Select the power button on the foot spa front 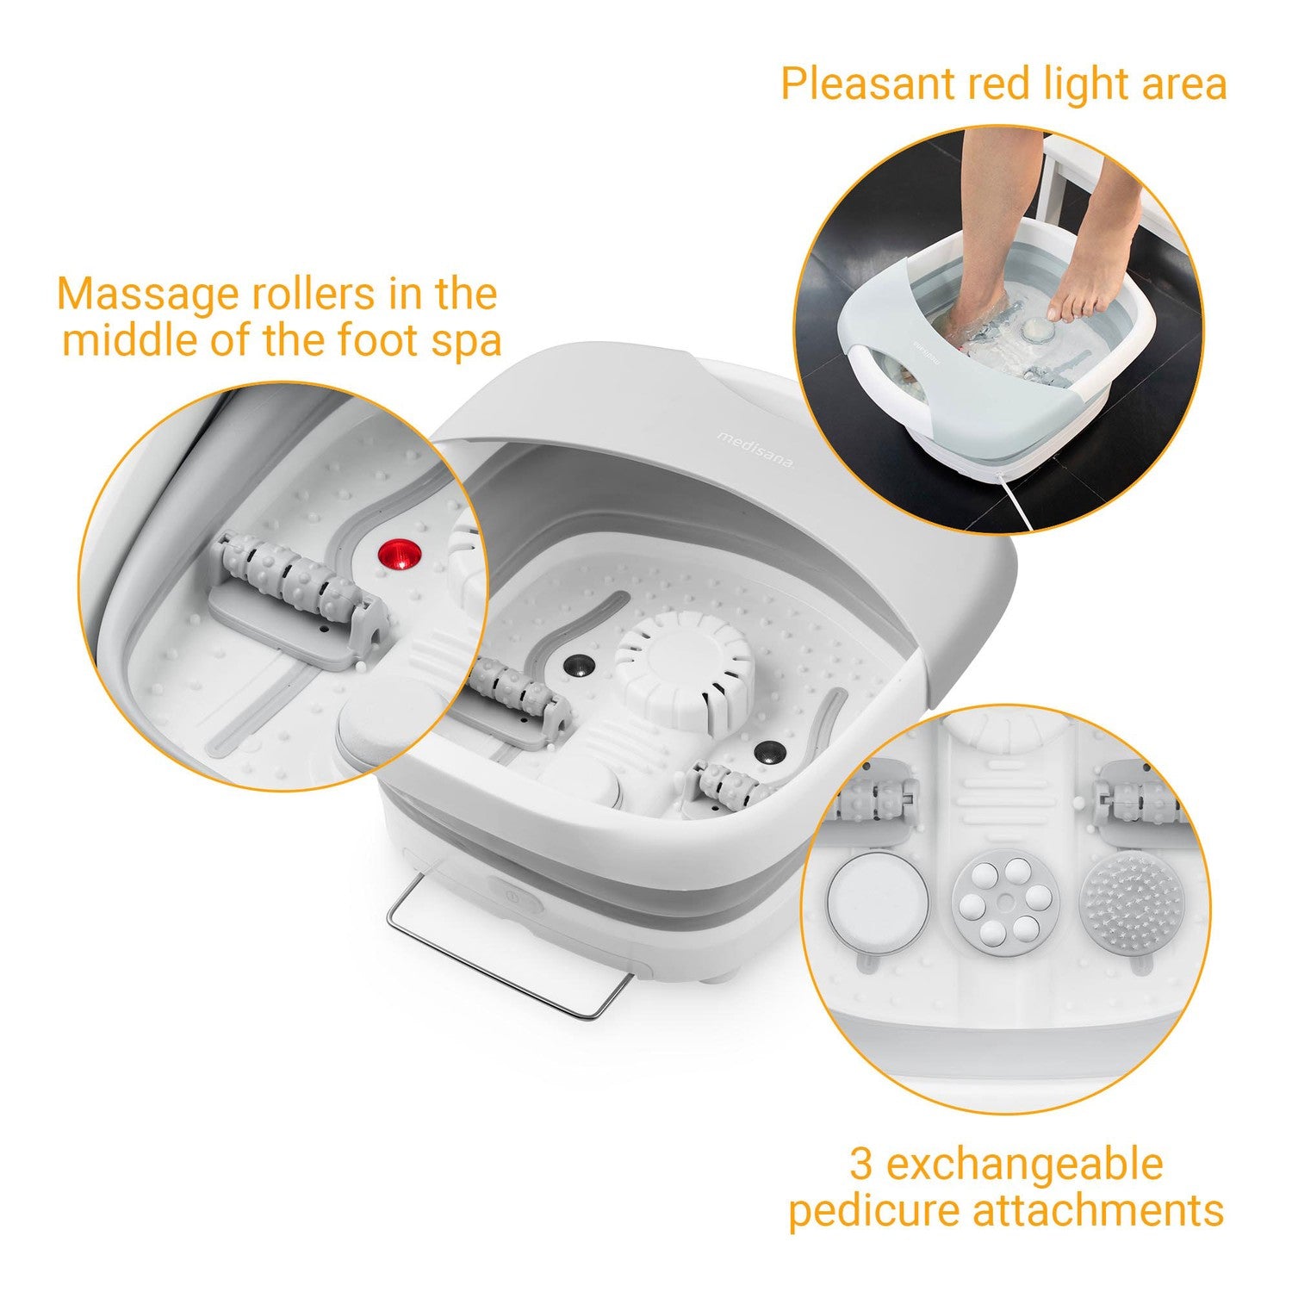[x=514, y=897]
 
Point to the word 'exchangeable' [x=1024, y=1164]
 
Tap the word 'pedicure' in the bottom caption [x=874, y=1209]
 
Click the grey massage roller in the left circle [x=289, y=580]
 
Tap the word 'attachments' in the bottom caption [x=1098, y=1209]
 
